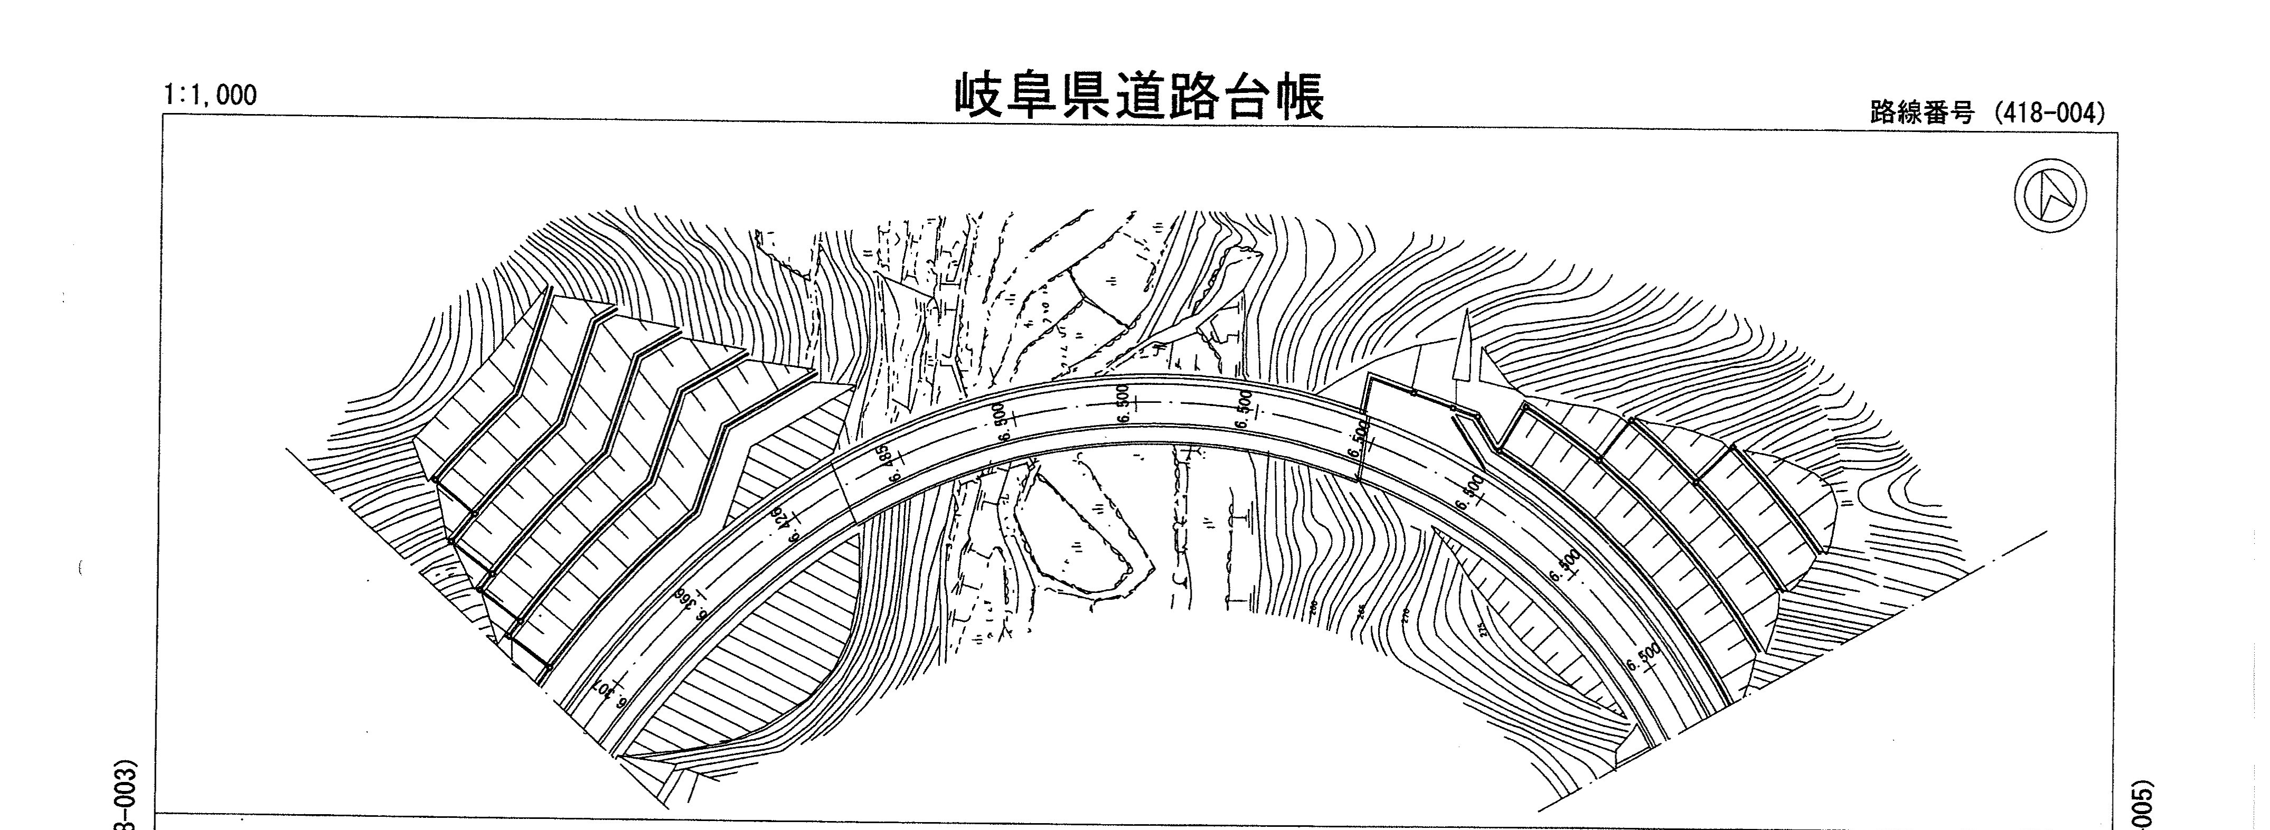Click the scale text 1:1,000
coord(210,95)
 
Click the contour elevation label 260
coord(1313,606)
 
